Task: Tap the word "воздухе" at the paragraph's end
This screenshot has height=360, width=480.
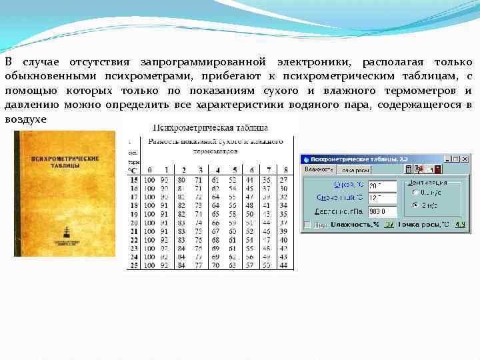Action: point(26,118)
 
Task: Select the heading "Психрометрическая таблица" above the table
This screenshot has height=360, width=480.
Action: point(211,127)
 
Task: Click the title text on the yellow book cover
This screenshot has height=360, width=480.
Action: point(66,163)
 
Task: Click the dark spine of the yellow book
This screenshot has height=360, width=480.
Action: point(18,193)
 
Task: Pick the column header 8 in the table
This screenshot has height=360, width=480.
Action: point(284,170)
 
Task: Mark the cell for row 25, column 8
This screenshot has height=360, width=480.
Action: point(284,265)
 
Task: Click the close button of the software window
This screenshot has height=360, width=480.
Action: point(465,159)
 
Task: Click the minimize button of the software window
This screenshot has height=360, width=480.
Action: point(447,159)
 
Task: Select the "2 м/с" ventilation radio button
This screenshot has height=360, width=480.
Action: point(416,205)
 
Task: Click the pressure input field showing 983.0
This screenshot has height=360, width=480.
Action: point(382,211)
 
